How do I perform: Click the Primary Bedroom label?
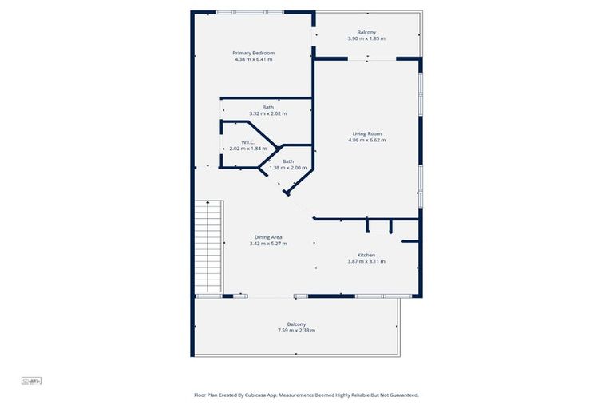pyautogui.click(x=253, y=53)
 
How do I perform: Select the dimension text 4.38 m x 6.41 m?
pyautogui.click(x=253, y=59)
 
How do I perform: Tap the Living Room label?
pyautogui.click(x=366, y=133)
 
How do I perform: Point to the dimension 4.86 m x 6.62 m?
pyautogui.click(x=366, y=140)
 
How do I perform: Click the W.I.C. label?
pyautogui.click(x=247, y=142)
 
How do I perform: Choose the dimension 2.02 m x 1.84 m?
pyautogui.click(x=247, y=149)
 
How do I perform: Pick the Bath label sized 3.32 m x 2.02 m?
pyautogui.click(x=267, y=107)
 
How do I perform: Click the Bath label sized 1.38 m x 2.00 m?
pyautogui.click(x=287, y=161)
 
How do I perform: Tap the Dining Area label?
pyautogui.click(x=267, y=236)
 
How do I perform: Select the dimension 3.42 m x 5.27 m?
pyautogui.click(x=267, y=243)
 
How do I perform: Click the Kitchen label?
pyautogui.click(x=366, y=255)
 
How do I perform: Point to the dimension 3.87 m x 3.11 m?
pyautogui.click(x=366, y=261)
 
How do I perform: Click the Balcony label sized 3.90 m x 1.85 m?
pyautogui.click(x=366, y=32)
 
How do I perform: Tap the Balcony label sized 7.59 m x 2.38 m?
pyautogui.click(x=296, y=324)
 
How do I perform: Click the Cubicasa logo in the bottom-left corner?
pyautogui.click(x=30, y=381)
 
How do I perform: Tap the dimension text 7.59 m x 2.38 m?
pyautogui.click(x=296, y=330)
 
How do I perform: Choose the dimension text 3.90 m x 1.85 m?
pyautogui.click(x=366, y=38)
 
